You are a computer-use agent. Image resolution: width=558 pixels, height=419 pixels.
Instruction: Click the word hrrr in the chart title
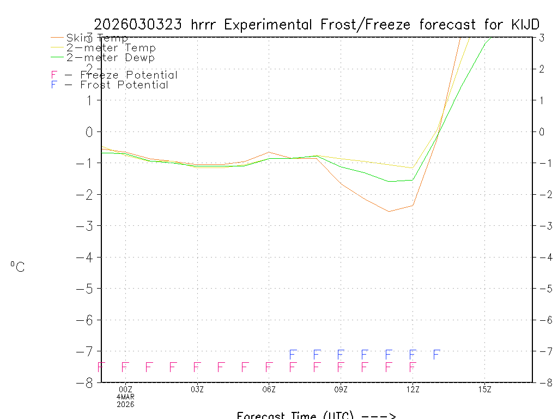(205, 25)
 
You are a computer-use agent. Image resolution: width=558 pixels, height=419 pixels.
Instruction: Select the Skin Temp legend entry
(97, 38)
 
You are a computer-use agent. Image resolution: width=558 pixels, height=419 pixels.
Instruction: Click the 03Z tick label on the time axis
(197, 390)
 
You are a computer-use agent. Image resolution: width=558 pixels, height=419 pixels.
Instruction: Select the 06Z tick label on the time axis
(269, 390)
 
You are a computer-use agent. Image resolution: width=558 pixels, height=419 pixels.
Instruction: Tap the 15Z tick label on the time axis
(484, 390)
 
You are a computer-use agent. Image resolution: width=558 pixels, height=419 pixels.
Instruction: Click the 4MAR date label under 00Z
(126, 397)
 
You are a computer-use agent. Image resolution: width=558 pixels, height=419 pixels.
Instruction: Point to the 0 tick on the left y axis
(89, 131)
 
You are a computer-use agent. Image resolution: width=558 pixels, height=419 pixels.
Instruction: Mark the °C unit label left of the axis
(17, 267)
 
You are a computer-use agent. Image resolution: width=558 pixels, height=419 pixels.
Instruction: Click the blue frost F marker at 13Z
(436, 355)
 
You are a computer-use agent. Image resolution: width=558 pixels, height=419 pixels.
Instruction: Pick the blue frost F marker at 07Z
(293, 355)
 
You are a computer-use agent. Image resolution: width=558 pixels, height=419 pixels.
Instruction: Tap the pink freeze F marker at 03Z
(197, 367)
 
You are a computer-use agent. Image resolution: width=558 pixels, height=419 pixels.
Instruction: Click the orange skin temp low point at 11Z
(389, 211)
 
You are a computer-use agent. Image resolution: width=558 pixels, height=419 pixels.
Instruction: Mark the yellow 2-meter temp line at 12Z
(413, 167)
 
